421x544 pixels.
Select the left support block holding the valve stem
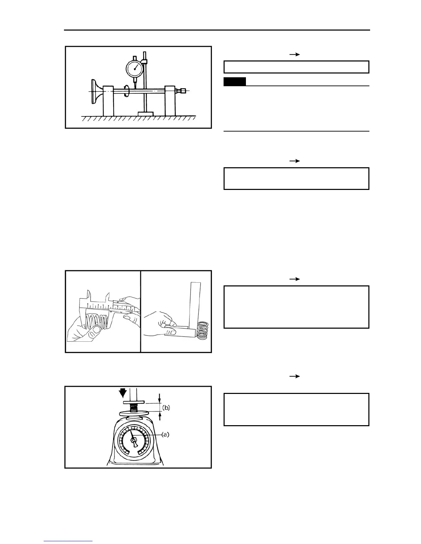(x=108, y=101)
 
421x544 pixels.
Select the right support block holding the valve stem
(x=170, y=101)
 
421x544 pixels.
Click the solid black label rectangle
(x=235, y=81)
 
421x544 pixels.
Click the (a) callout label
(x=165, y=434)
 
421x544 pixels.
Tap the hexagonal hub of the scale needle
(x=133, y=440)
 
